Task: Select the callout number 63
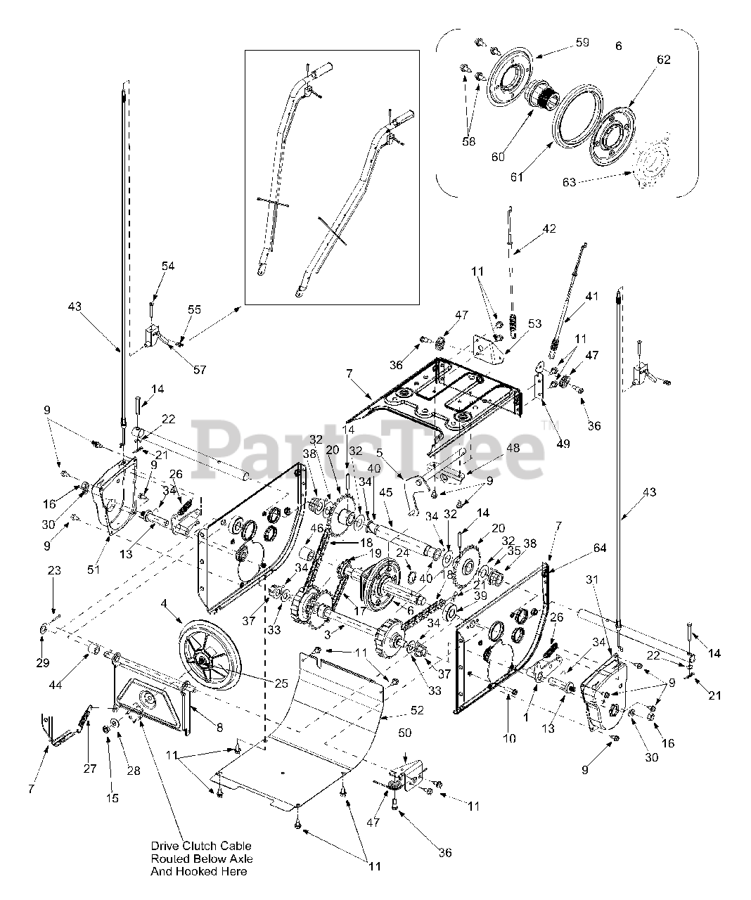tap(569, 183)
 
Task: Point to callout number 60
tap(498, 156)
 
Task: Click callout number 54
tap(168, 266)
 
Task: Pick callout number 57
tap(199, 369)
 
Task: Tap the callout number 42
tap(549, 229)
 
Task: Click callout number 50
tap(404, 734)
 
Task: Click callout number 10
tap(509, 738)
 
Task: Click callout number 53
tap(535, 323)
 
